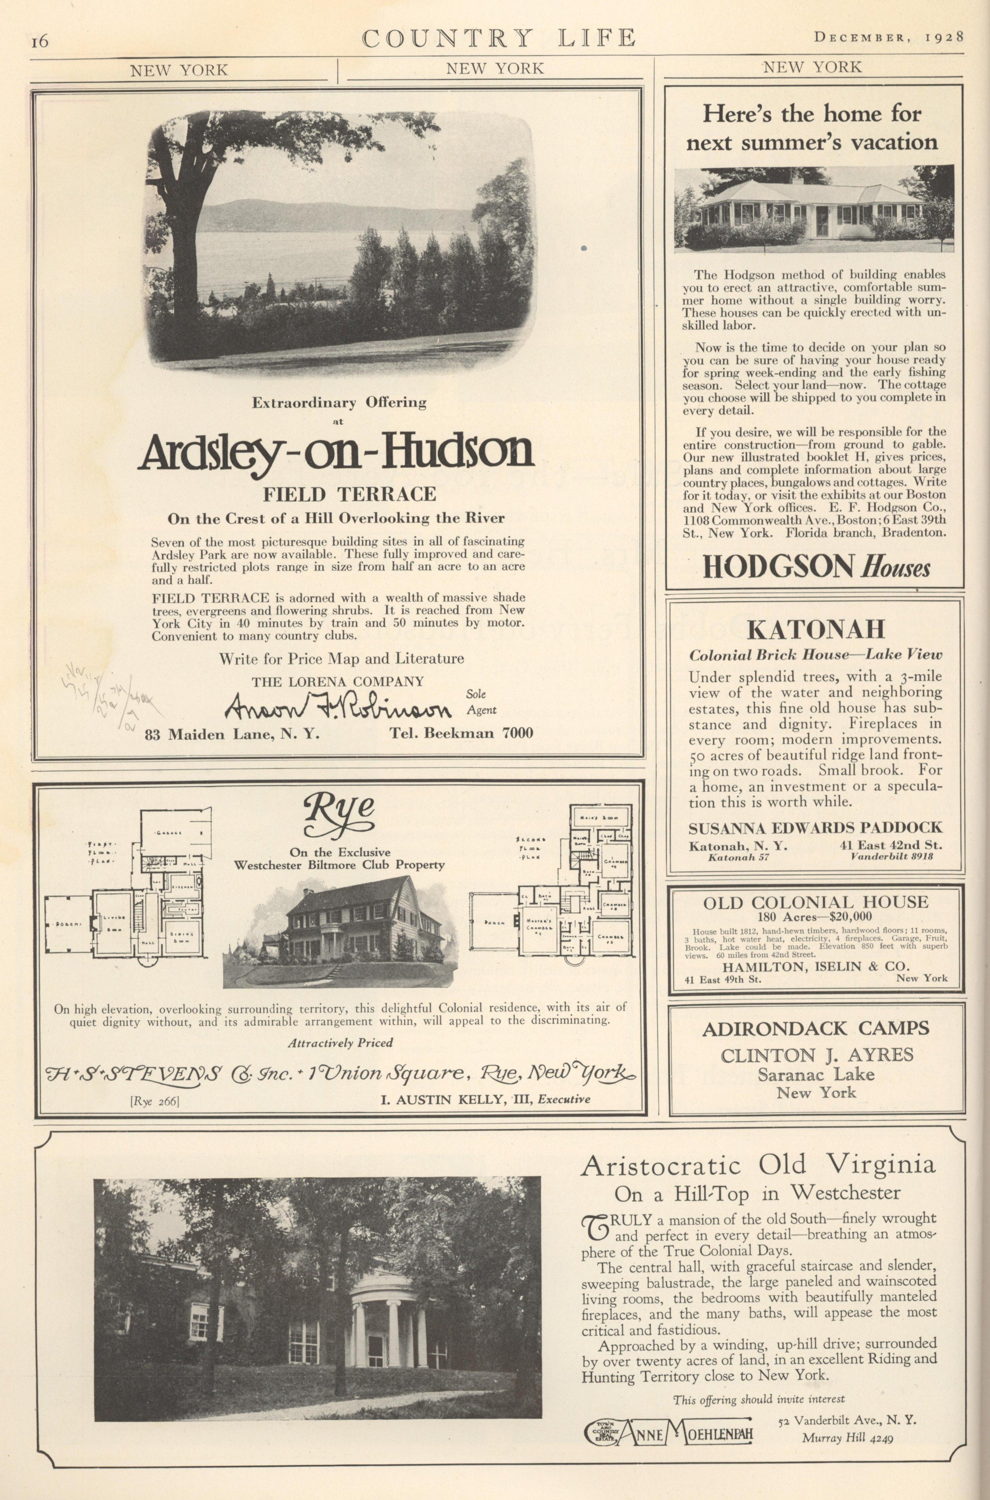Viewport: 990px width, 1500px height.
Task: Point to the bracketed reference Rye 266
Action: pyautogui.click(x=155, y=1102)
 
